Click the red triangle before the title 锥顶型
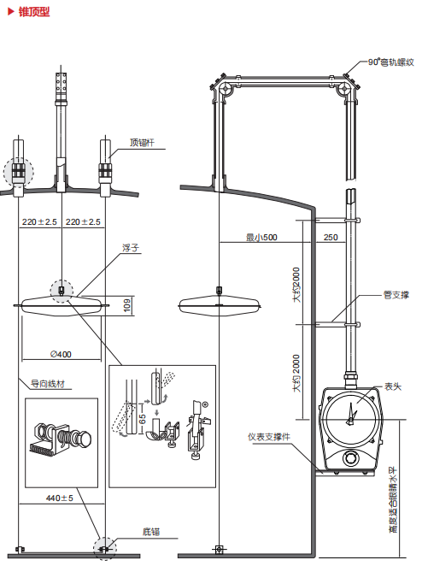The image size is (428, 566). [10, 12]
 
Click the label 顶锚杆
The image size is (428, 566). [142, 143]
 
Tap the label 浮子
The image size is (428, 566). [130, 248]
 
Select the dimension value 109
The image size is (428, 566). [127, 305]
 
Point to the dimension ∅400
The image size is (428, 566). [61, 355]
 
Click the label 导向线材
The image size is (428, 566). [48, 384]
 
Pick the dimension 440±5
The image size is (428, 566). [60, 498]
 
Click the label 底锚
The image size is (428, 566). [151, 532]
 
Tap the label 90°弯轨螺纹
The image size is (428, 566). [391, 62]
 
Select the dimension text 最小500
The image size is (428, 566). [261, 237]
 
